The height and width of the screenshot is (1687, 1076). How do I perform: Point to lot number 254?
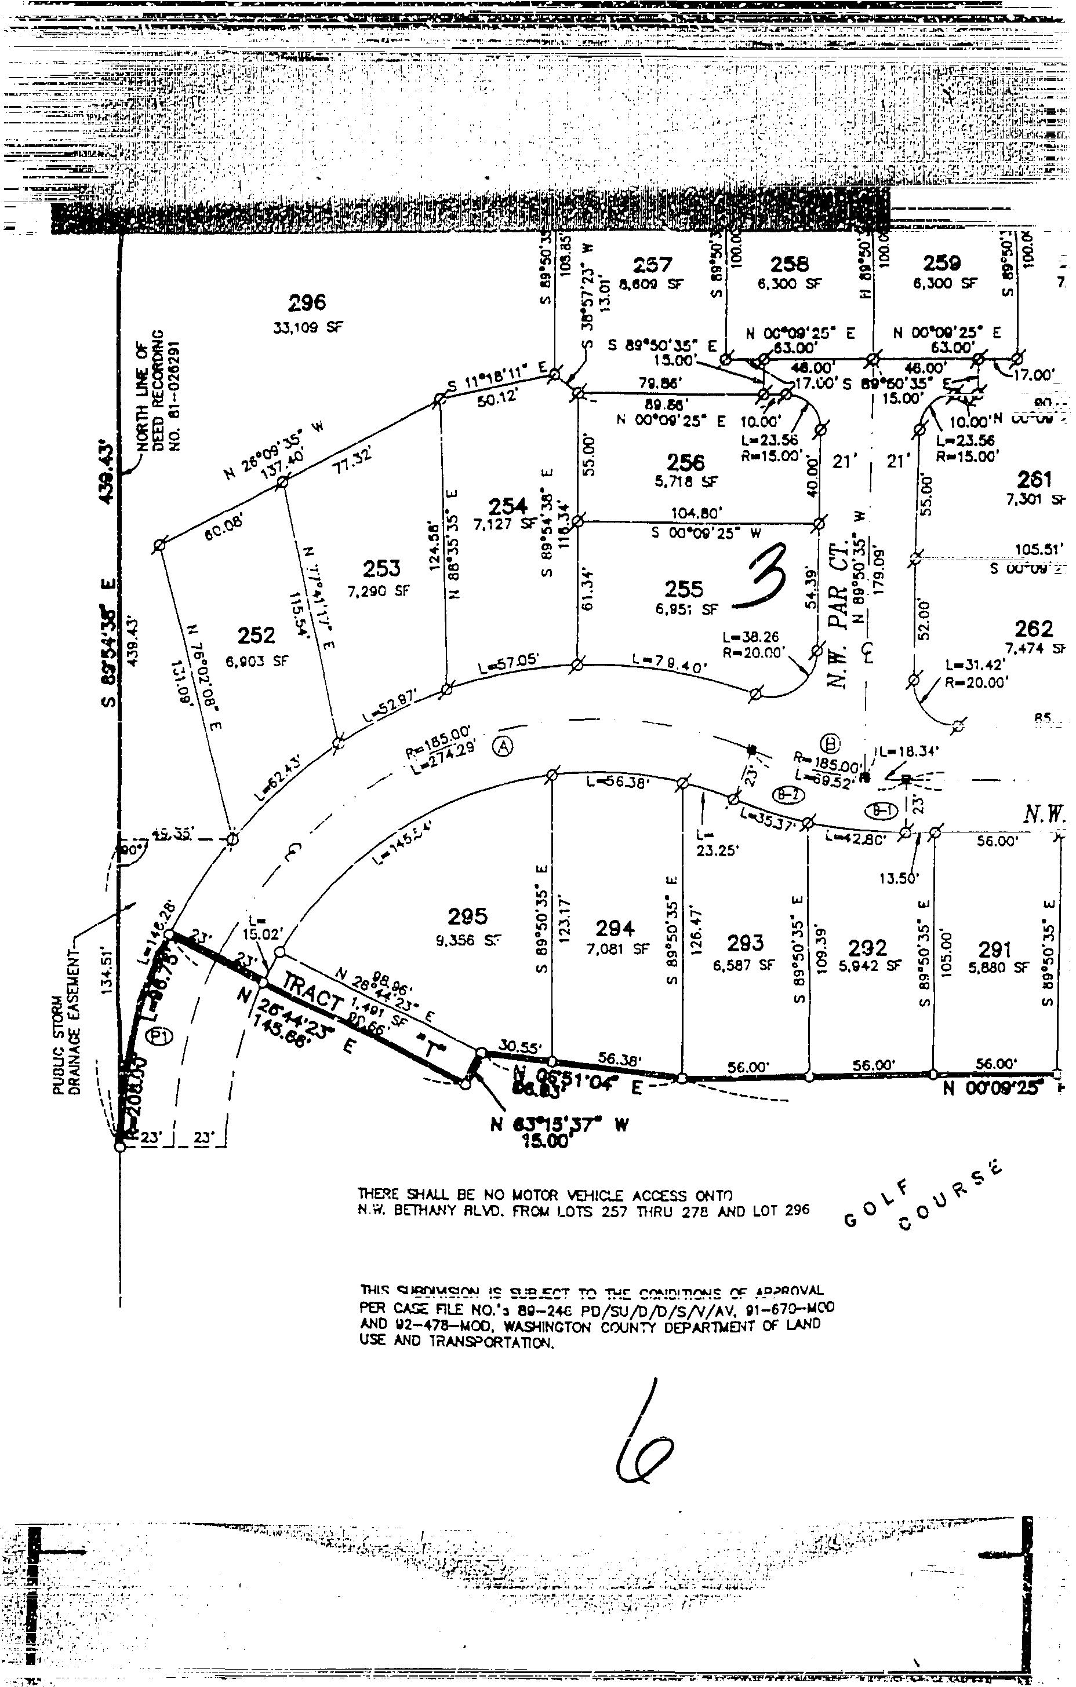coord(507,506)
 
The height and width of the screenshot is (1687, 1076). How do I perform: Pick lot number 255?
coord(684,589)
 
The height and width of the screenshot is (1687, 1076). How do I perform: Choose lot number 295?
coord(467,916)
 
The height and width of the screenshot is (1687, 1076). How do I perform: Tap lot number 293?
coord(745,943)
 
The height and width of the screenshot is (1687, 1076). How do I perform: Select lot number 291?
coord(995,950)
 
